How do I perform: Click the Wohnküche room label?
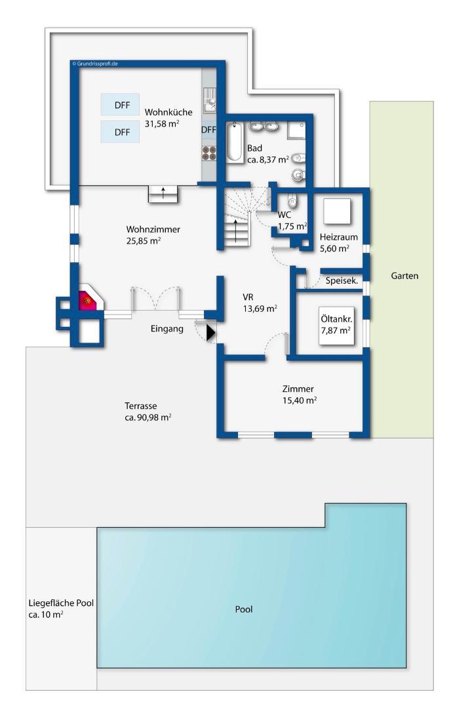tap(168, 112)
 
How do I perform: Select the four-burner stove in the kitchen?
tap(208, 153)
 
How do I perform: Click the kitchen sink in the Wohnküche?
tap(209, 100)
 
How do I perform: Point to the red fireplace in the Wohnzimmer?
tap(88, 300)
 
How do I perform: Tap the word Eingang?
tap(167, 329)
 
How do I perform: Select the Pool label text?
tap(244, 609)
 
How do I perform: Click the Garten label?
tap(404, 276)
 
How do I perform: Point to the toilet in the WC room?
tap(292, 199)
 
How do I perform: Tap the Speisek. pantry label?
tap(342, 281)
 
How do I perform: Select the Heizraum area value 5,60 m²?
tap(334, 248)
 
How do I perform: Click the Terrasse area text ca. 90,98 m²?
tap(148, 418)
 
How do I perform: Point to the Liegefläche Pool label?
tap(62, 603)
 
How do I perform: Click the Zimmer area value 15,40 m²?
tap(300, 400)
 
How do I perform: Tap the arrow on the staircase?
tap(235, 231)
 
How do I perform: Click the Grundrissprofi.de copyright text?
tap(95, 64)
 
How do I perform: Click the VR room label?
tap(248, 297)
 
